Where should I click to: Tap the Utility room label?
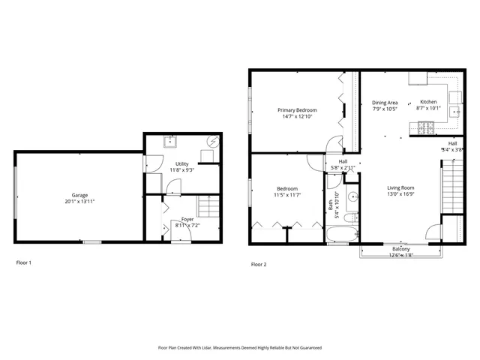pos(181,163)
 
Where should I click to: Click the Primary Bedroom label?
pos(296,109)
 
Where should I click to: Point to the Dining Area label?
pos(385,102)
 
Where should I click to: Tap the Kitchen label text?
pos(427,102)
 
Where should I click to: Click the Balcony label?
pos(400,249)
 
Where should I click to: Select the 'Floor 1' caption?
pos(25,263)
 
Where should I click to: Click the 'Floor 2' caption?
pos(258,264)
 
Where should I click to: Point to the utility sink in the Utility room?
pos(171,140)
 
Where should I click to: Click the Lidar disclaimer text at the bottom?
pos(239,348)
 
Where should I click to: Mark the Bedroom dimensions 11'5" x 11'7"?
pos(287,194)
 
